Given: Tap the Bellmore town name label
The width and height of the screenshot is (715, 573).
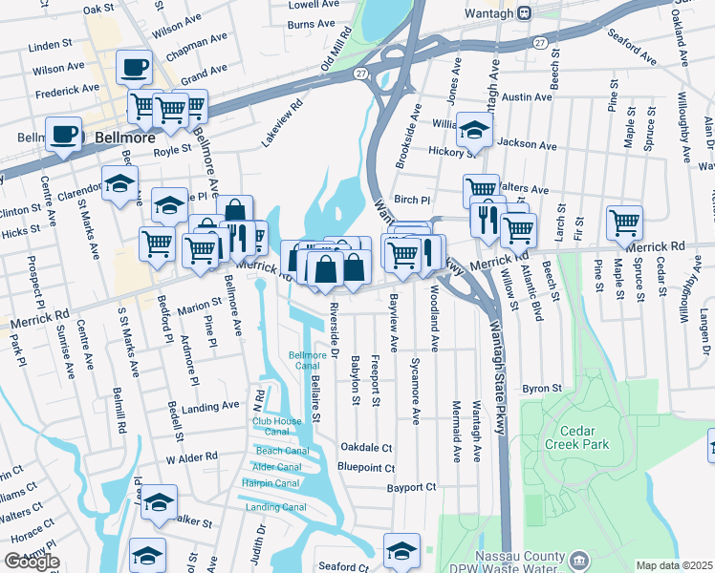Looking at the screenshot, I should point(123,138).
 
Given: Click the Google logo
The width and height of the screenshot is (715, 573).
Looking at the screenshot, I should point(32,562).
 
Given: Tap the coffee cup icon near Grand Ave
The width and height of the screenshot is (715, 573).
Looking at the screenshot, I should point(134,68).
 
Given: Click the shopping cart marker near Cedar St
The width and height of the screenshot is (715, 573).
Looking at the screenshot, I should point(624,223).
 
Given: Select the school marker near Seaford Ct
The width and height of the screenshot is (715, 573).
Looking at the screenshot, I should point(401,550).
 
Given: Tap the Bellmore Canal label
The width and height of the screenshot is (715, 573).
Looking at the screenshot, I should point(308,361).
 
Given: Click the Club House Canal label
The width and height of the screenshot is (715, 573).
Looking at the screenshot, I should point(276,426).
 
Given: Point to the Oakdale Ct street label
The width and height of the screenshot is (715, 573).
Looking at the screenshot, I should point(367,447).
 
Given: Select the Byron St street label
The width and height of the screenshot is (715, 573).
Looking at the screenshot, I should point(540,390).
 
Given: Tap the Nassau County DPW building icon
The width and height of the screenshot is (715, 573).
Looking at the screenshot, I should point(579,559).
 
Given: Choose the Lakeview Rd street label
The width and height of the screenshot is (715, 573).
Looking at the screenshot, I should point(282,124).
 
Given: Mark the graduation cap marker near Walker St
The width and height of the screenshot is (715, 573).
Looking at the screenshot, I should point(160,502).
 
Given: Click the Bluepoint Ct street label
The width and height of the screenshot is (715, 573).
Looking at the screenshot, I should point(366,468).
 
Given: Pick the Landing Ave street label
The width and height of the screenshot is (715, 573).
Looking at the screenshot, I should point(210,406).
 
